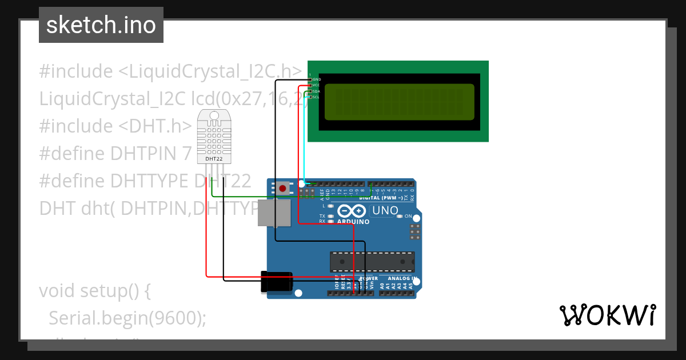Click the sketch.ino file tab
coord(101,25)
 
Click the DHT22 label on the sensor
coord(214,159)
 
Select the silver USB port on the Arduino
coord(273,213)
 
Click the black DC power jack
coord(277,282)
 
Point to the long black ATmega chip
coord(372,261)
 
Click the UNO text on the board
coord(385,210)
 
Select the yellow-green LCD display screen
coord(400,102)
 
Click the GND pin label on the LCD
coord(316,79)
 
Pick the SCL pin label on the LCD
coord(316,97)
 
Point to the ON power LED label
coord(408,216)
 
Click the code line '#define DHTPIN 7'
coord(115,153)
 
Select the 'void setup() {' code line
coord(94,290)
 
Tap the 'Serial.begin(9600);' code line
coord(127,318)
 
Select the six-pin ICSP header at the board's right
coord(415,231)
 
